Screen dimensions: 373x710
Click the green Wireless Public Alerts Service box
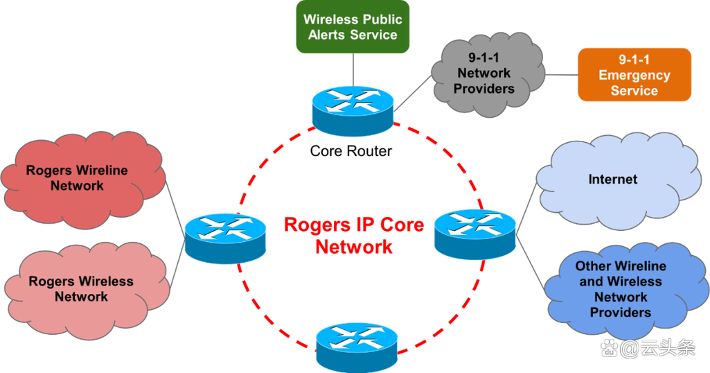point(353,26)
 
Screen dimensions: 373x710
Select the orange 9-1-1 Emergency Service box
point(634,75)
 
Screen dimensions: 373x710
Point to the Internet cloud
point(613,182)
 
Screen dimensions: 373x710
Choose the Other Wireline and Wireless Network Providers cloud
point(620,290)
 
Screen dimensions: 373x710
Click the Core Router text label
point(350,150)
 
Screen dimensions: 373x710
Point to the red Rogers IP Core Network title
point(354,236)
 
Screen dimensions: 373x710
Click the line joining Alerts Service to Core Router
point(353,69)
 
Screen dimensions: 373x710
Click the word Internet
point(613,180)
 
